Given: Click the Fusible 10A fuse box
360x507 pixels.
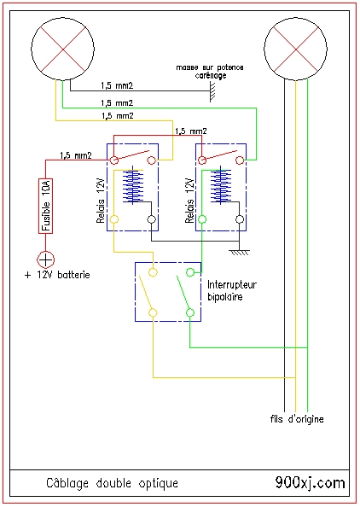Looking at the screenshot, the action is (45, 206).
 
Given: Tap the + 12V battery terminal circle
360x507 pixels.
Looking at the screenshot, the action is (45, 259).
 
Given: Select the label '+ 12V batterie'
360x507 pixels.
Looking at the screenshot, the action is (57, 275).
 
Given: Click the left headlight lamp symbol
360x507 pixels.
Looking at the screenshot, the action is (62, 49).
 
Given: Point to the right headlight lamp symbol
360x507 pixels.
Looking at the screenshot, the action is (296, 50).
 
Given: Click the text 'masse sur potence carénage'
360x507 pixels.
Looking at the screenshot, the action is (210, 72).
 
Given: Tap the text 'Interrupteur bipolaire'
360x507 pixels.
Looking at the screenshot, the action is (232, 291).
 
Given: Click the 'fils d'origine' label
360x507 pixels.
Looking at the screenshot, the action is (297, 419).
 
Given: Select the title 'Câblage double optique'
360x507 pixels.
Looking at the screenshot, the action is (112, 483).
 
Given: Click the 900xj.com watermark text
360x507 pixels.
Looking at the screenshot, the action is (311, 483).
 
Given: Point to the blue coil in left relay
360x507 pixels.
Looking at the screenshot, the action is (133, 185).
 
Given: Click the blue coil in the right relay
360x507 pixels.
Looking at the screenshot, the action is (221, 185).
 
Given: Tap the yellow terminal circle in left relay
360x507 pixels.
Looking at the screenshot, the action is (114, 219).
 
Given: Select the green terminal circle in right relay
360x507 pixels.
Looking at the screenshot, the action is (202, 219).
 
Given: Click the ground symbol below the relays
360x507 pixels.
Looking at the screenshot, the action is (240, 252).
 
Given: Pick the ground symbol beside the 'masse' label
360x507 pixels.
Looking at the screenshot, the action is (212, 91).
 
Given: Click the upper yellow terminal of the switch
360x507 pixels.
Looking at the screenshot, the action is (154, 272).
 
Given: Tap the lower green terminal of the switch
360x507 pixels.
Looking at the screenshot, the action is (190, 312).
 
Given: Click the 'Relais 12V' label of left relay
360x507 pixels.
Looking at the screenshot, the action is (101, 201).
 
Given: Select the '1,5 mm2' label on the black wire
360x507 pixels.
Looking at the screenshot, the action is (117, 85).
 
